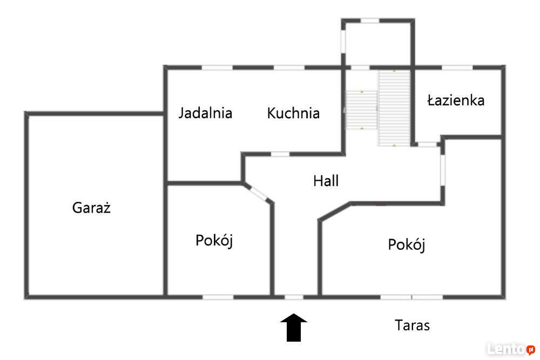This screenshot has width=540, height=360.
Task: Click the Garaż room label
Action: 91,208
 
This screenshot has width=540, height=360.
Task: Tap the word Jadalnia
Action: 205,113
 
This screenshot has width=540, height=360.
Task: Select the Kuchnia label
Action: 293,113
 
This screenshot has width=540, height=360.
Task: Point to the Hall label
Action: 326,181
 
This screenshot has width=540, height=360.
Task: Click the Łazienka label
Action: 456,100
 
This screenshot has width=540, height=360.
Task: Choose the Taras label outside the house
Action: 412,325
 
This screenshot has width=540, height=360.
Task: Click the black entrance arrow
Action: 294,327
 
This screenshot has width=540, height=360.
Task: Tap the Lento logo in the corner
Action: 511,349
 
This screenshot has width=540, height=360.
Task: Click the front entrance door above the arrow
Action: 294,297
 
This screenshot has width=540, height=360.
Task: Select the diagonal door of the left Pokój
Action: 259,193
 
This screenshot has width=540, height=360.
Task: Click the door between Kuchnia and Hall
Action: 280,154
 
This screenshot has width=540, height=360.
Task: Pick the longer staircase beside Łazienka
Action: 394,108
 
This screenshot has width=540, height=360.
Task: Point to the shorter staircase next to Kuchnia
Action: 361,110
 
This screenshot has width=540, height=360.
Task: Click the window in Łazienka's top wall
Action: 457,67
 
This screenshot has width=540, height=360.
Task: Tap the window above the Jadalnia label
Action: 217,67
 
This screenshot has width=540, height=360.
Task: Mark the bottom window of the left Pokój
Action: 218,297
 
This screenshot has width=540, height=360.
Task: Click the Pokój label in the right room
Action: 407,245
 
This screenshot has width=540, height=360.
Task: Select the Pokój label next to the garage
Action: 214,241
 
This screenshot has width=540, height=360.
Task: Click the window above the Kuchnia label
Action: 289,67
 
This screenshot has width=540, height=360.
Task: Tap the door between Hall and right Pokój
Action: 443,171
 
